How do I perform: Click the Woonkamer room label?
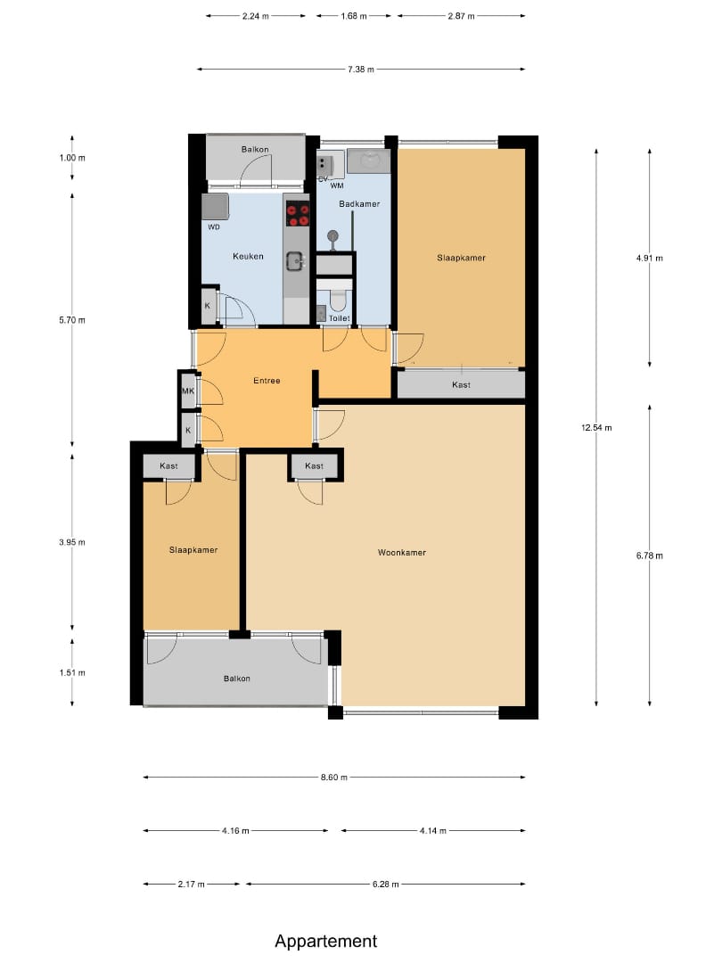pyautogui.click(x=401, y=553)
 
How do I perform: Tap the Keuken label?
pyautogui.click(x=248, y=256)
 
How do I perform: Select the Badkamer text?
pyautogui.click(x=359, y=204)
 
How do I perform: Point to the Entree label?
pyautogui.click(x=267, y=381)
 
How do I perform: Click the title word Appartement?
pyautogui.click(x=326, y=942)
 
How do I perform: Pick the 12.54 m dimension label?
pyautogui.click(x=596, y=427)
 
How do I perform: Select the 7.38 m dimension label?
pyautogui.click(x=361, y=70)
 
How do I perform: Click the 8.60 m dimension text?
pyautogui.click(x=334, y=778)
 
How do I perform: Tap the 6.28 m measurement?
pyautogui.click(x=386, y=885)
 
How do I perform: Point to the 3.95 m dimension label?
pyautogui.click(x=72, y=542)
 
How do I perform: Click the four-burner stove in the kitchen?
pyautogui.click(x=299, y=213)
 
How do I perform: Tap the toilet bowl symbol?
pyautogui.click(x=338, y=299)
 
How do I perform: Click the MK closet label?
pyautogui.click(x=188, y=391)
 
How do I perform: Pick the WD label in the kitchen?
pyautogui.click(x=214, y=227)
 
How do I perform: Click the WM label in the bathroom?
pyautogui.click(x=337, y=185)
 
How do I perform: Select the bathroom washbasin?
pyautogui.click(x=368, y=160)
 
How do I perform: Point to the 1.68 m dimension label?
pyautogui.click(x=354, y=16)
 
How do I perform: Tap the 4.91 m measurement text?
pyautogui.click(x=650, y=258)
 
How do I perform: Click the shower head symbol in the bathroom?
pyautogui.click(x=332, y=236)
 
